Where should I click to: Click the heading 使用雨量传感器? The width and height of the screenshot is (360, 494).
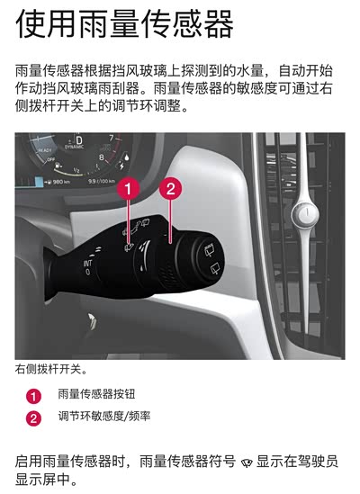pos(124,24)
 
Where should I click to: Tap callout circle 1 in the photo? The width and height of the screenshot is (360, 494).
pos(128,189)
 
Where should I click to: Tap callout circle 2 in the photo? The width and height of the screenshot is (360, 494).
pos(170,189)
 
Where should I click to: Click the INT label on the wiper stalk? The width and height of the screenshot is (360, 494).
pos(87,264)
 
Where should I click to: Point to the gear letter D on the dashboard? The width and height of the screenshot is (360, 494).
pos(79,139)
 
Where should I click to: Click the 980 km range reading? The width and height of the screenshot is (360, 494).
pos(58,182)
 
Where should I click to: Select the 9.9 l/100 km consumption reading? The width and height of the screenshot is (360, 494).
pos(102,181)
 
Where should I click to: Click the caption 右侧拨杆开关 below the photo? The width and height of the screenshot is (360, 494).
pos(50,369)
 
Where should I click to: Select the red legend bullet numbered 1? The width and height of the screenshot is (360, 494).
pos(33,396)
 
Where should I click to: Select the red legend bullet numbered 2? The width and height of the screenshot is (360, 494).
pos(33,418)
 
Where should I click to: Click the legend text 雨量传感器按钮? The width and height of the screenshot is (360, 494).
pos(96,394)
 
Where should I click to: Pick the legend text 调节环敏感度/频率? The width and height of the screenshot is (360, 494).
pos(104,417)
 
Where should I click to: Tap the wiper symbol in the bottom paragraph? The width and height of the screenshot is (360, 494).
pos(247,463)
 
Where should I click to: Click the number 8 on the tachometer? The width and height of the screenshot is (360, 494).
pos(102,157)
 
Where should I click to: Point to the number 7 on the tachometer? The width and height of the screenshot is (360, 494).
pos(111,138)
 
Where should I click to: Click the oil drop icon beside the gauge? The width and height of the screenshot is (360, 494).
pos(126,157)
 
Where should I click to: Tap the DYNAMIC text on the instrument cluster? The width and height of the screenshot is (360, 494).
pos(75,148)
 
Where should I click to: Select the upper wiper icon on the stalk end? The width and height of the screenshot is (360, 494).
pos(209,251)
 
